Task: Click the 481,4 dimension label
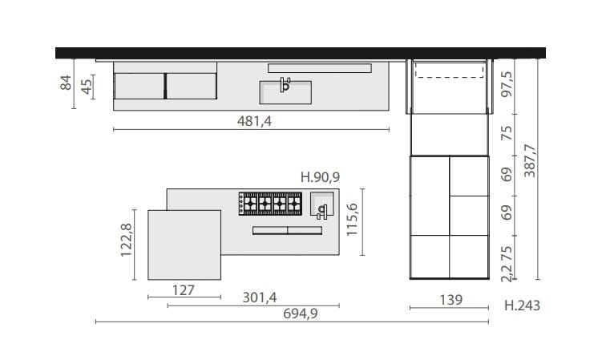tap(251, 119)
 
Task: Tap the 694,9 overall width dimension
tap(295, 313)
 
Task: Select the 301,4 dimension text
tap(260, 297)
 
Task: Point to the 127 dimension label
tap(184, 289)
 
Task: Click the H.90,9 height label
tap(319, 177)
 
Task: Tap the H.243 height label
tap(523, 305)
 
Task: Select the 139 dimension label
tap(451, 300)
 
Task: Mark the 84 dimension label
tap(67, 83)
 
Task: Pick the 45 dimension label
tap(85, 85)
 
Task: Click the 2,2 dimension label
tap(505, 274)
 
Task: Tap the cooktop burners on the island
tap(267, 204)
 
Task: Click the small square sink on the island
tap(321, 206)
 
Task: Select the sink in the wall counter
tap(285, 92)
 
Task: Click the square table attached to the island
tap(184, 245)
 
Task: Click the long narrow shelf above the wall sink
tap(319, 67)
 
